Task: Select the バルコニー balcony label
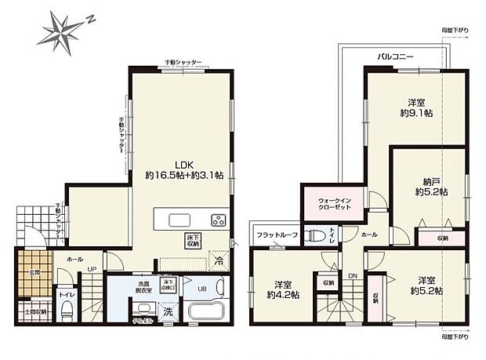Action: point(395,57)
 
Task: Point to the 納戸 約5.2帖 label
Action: point(430,185)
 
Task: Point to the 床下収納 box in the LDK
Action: point(193,241)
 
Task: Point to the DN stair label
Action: point(352,276)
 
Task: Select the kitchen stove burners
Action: point(219,219)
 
